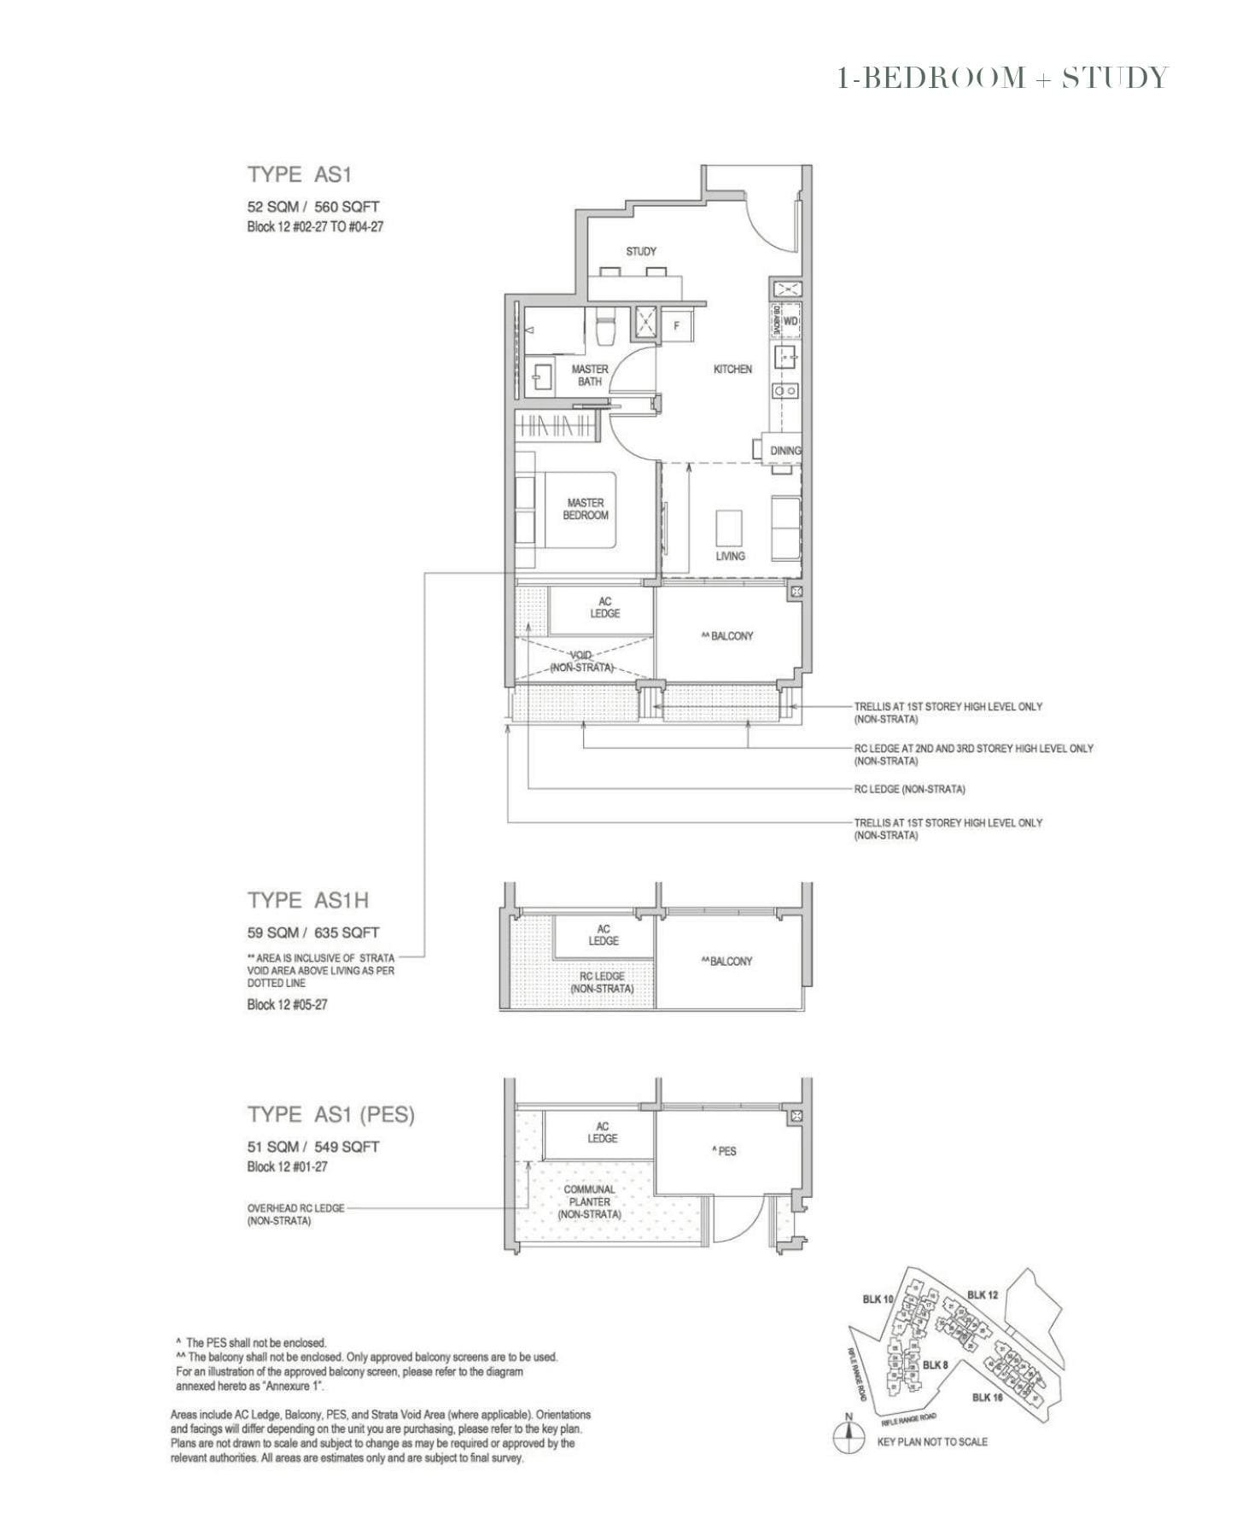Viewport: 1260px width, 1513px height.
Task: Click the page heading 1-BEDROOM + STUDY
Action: (1002, 78)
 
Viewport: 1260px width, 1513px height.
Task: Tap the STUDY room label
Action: (641, 251)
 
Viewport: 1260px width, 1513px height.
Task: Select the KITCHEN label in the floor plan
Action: (732, 369)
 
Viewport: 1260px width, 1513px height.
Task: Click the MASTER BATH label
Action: (590, 375)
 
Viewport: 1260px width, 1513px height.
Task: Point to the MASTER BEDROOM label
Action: (586, 509)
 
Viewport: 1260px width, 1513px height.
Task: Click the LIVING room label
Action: (730, 556)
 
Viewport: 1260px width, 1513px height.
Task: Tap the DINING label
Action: (785, 450)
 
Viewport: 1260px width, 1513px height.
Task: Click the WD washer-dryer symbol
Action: (790, 321)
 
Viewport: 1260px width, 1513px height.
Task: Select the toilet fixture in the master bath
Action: (605, 330)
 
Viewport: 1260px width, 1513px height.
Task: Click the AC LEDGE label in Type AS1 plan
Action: (604, 607)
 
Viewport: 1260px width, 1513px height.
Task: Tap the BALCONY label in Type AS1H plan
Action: (727, 961)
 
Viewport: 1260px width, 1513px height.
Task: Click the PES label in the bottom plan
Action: (724, 1151)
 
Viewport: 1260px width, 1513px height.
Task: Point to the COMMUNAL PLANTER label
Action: (589, 1201)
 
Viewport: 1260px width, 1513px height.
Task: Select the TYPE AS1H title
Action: (308, 900)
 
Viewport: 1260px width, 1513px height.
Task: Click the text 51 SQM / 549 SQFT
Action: (313, 1146)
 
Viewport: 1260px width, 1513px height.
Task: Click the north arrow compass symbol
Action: (848, 1438)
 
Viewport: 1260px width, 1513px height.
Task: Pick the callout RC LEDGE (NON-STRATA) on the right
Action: (910, 789)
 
